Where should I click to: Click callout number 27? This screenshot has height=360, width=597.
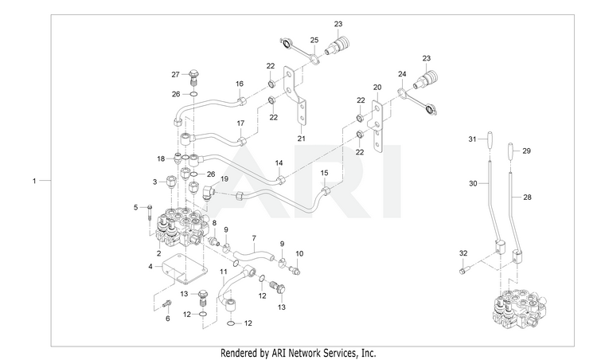(175, 75)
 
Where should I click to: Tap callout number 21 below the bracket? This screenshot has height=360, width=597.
(301, 139)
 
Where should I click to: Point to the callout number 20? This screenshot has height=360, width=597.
(377, 88)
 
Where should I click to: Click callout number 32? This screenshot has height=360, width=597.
(463, 253)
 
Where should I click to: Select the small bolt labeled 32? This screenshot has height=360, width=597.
(463, 271)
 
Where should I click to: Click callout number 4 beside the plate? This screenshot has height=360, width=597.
(150, 266)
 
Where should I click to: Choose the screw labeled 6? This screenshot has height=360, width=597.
(167, 304)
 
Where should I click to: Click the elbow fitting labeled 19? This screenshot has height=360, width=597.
(210, 190)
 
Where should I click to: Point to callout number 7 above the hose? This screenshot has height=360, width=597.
(254, 239)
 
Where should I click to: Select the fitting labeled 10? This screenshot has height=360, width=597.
(295, 271)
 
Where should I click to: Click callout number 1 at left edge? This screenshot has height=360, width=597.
(34, 181)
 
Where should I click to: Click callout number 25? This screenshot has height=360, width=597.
(314, 40)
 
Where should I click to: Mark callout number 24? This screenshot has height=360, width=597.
(402, 74)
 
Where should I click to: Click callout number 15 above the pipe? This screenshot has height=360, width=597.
(324, 173)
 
